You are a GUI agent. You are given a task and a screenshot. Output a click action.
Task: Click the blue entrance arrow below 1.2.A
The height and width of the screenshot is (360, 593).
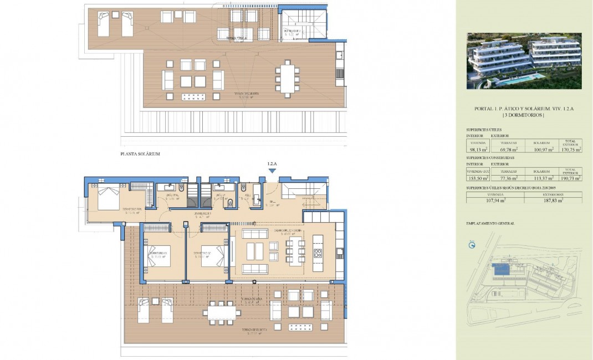(x=272, y=171)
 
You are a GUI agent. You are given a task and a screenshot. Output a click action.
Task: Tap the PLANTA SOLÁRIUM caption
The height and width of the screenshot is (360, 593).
(x=140, y=154)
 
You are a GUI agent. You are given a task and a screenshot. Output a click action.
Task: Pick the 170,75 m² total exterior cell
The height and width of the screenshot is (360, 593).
(x=570, y=149)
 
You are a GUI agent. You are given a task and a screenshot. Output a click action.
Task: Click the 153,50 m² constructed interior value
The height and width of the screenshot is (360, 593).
(x=477, y=178)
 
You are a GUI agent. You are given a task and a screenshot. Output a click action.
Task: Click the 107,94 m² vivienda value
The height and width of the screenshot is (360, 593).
(x=495, y=200)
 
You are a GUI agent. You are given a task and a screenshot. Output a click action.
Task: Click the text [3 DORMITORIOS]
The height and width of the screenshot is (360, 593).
(x=524, y=115)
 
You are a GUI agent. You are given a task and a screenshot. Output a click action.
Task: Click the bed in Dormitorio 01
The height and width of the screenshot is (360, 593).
(x=158, y=255)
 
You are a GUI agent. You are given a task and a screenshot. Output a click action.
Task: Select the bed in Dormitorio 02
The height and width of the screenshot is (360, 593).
(x=213, y=255)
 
